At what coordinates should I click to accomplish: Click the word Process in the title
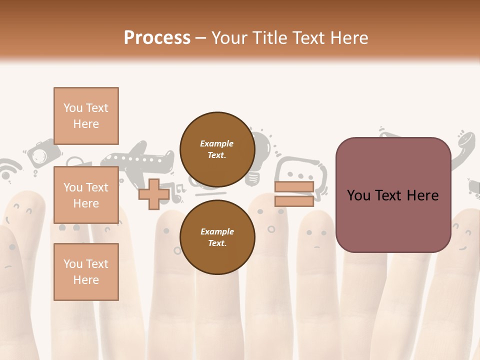157,37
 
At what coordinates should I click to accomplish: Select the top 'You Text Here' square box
86,116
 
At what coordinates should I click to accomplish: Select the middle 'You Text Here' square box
86,195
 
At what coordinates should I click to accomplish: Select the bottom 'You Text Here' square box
86,271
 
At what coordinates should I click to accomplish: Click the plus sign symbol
153,194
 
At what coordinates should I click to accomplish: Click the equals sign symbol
294,194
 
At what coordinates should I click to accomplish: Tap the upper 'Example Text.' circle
217,149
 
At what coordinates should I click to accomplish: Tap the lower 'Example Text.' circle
217,237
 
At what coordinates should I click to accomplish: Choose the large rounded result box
393,195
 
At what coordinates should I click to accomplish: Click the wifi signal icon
9,170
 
